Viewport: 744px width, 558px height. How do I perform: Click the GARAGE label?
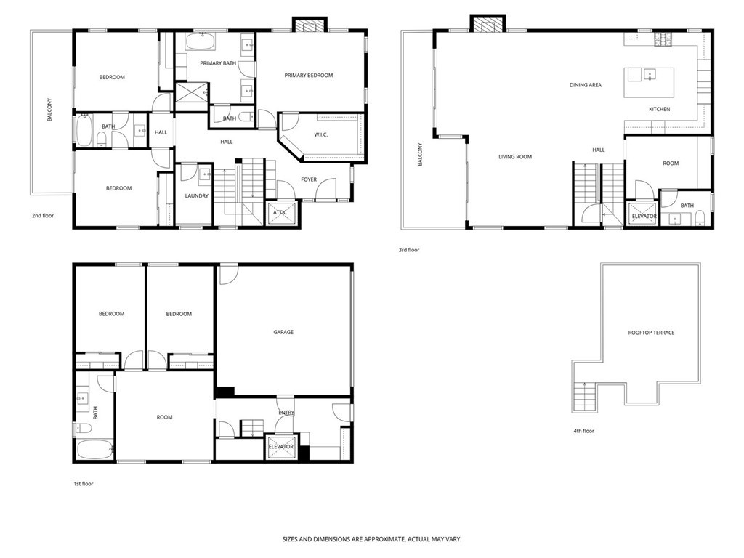[283, 332]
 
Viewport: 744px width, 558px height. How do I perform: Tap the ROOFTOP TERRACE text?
[651, 333]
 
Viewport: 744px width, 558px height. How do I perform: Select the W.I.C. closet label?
[323, 134]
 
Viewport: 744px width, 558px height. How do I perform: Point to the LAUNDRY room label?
[196, 195]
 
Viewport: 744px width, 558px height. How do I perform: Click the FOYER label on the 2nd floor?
[308, 179]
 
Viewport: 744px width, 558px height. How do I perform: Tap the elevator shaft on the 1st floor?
[280, 447]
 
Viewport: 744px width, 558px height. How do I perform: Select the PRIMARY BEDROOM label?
[308, 75]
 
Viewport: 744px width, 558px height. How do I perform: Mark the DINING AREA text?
[585, 85]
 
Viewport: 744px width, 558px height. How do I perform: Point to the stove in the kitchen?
[663, 39]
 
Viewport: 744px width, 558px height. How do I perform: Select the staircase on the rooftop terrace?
[583, 397]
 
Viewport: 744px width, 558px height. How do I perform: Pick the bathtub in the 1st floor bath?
[94, 450]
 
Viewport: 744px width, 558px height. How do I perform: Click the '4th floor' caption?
[583, 431]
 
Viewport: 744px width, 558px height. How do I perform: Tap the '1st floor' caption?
[82, 483]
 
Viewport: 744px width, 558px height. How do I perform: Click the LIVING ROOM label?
[515, 156]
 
